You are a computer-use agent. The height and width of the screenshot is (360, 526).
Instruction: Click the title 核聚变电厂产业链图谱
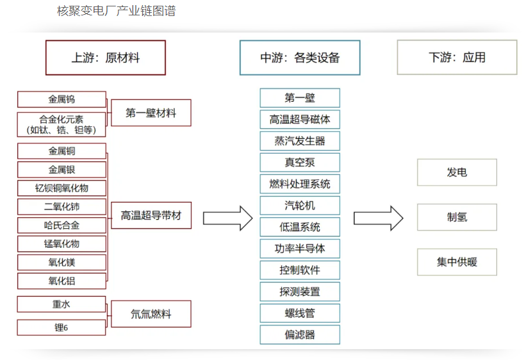click(x=116, y=11)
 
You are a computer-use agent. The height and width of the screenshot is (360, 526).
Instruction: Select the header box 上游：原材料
click(x=105, y=58)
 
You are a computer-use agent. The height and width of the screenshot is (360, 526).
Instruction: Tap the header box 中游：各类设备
click(x=300, y=58)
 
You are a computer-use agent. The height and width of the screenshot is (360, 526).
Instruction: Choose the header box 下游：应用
click(x=457, y=58)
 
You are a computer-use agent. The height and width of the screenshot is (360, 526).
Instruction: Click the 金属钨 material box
click(x=62, y=99)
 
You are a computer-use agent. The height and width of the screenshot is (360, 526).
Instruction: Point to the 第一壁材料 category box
click(x=151, y=113)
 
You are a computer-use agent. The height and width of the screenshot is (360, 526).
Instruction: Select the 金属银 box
click(x=62, y=170)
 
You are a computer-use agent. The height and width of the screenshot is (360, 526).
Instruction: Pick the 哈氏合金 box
click(x=62, y=225)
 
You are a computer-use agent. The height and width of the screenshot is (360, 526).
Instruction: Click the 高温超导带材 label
click(x=151, y=216)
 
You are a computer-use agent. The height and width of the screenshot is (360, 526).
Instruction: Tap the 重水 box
click(x=62, y=304)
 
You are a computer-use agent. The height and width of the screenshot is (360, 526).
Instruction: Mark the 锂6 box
click(x=62, y=327)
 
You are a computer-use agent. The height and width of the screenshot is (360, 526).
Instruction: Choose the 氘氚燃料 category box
click(x=151, y=315)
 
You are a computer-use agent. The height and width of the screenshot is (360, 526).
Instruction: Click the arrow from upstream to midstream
click(x=227, y=218)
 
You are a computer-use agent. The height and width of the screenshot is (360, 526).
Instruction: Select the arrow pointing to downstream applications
click(x=378, y=218)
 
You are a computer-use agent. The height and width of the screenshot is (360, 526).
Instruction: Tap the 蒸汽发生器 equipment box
click(x=300, y=141)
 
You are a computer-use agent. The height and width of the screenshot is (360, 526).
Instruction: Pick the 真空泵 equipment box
click(x=300, y=163)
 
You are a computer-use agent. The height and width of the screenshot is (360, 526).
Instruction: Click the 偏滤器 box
click(x=300, y=334)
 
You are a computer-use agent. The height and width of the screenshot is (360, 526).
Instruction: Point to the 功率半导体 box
click(x=300, y=249)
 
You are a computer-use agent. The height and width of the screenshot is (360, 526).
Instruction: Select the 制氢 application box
click(x=457, y=217)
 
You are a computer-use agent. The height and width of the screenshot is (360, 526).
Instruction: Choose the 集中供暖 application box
click(x=457, y=262)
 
